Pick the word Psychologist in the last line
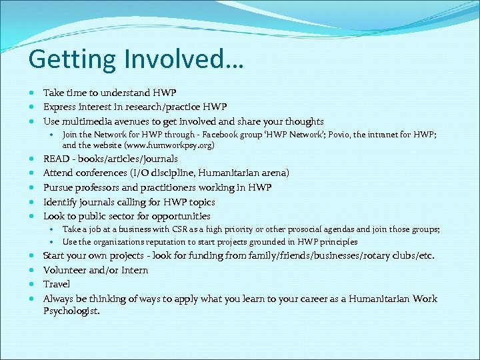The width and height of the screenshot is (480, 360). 71,311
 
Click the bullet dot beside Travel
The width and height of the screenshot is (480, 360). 32,284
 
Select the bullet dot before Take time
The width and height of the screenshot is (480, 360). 32,93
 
